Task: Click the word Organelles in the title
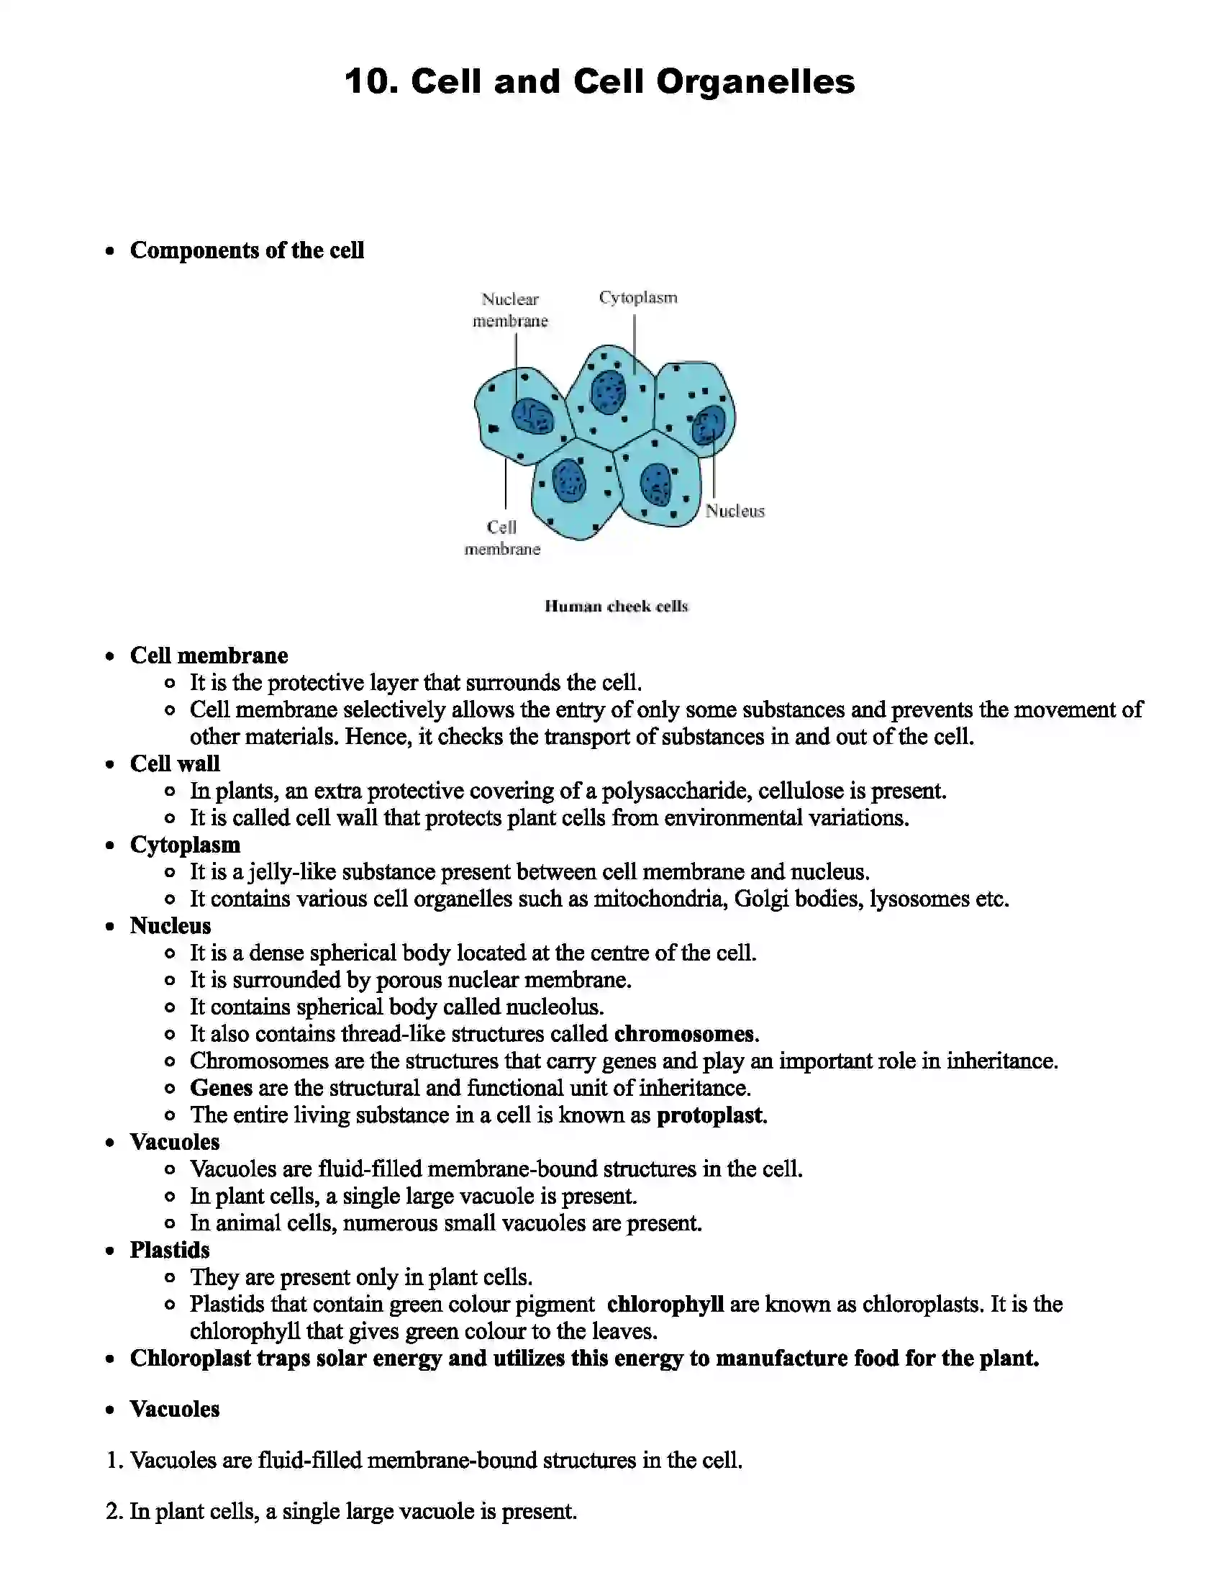pyautogui.click(x=755, y=82)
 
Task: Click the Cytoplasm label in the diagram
pyautogui.click(x=637, y=298)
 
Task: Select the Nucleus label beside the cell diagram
pyautogui.click(x=735, y=511)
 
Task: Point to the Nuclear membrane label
pyautogui.click(x=510, y=310)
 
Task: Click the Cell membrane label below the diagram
pyautogui.click(x=502, y=538)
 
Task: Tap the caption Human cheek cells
pyautogui.click(x=616, y=606)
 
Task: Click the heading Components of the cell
pyautogui.click(x=246, y=250)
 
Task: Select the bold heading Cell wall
pyautogui.click(x=175, y=763)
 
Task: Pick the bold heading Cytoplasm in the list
pyautogui.click(x=185, y=845)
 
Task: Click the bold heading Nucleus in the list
pyautogui.click(x=171, y=925)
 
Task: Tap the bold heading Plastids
pyautogui.click(x=170, y=1250)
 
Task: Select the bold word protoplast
pyautogui.click(x=710, y=1115)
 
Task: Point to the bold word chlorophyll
pyautogui.click(x=665, y=1304)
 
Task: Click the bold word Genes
pyautogui.click(x=221, y=1088)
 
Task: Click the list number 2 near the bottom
pyautogui.click(x=113, y=1511)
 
